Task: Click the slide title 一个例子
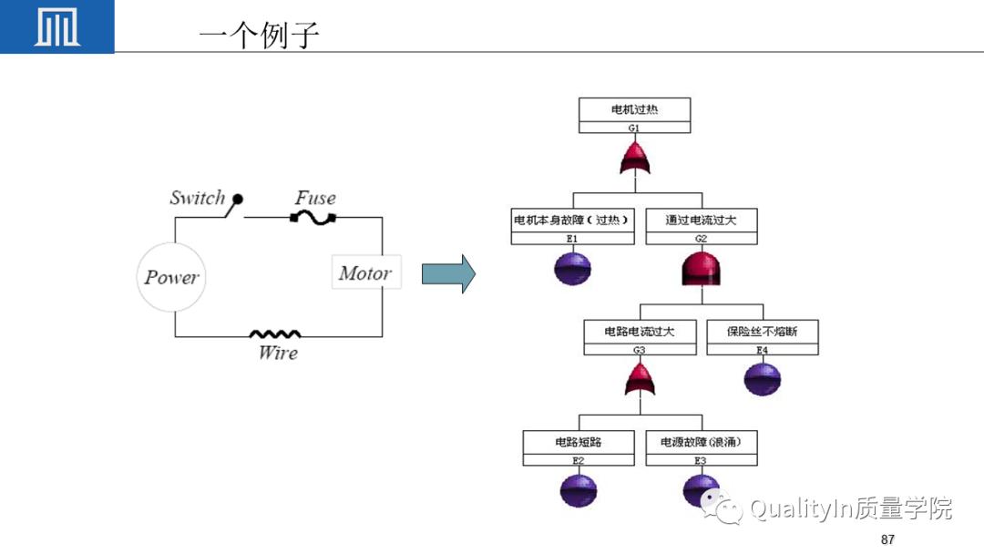click(x=259, y=36)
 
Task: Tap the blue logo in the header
click(x=56, y=26)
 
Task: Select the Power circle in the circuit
click(x=172, y=276)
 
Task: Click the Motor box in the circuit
click(x=365, y=272)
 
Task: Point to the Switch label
click(x=197, y=198)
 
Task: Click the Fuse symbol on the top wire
click(x=313, y=218)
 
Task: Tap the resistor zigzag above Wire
click(x=275, y=334)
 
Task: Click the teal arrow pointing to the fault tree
click(x=448, y=273)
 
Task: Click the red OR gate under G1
click(x=634, y=159)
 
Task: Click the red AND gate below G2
click(x=701, y=269)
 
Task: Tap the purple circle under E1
click(x=572, y=268)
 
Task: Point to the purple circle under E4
click(x=762, y=378)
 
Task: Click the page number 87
click(x=887, y=539)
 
